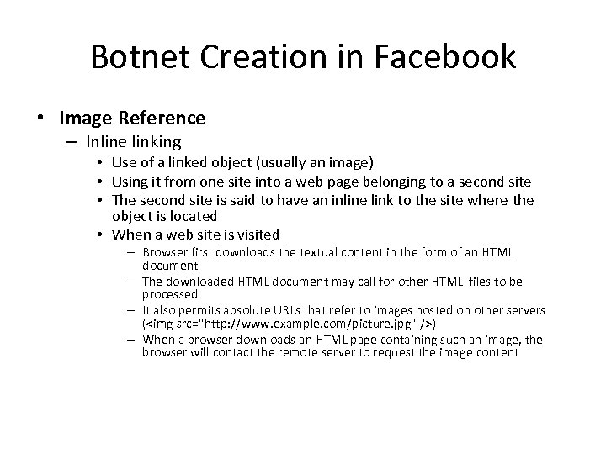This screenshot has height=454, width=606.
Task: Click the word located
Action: tap(194, 216)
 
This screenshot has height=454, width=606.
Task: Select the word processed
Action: tap(170, 295)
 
